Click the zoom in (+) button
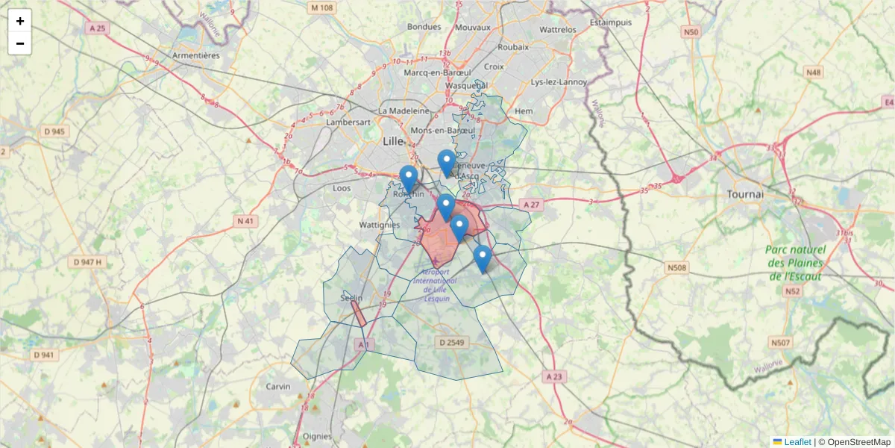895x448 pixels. pyautogui.click(x=20, y=21)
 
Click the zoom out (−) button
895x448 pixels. pyautogui.click(x=20, y=43)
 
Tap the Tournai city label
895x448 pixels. pyautogui.click(x=744, y=194)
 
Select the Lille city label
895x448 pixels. pyautogui.click(x=392, y=141)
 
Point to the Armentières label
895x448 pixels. pyautogui.click(x=195, y=55)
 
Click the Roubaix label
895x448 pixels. pyautogui.click(x=513, y=46)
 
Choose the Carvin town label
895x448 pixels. pyautogui.click(x=278, y=387)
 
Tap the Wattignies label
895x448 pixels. pyautogui.click(x=380, y=224)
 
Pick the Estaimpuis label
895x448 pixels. pyautogui.click(x=610, y=22)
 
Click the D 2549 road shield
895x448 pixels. pyautogui.click(x=451, y=343)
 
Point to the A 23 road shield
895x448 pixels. pyautogui.click(x=553, y=377)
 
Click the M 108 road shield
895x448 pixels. pyautogui.click(x=322, y=7)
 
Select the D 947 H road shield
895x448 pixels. pyautogui.click(x=88, y=262)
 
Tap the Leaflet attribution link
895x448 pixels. pyautogui.click(x=797, y=442)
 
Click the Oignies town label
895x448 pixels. pyautogui.click(x=318, y=437)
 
